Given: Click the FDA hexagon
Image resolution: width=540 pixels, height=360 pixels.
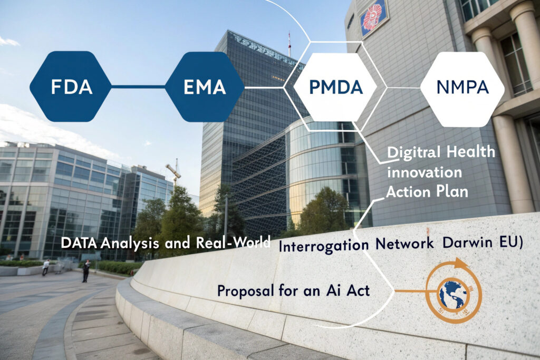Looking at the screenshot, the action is tap(71, 86).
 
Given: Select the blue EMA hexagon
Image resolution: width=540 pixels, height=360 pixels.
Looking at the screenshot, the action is tap(205, 87).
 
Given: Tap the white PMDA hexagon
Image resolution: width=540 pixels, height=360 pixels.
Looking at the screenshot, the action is tap(336, 87).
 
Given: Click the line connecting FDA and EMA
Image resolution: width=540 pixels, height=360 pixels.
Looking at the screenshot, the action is tap(139, 87).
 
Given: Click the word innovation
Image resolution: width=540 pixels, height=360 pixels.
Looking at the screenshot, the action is tap(425, 172).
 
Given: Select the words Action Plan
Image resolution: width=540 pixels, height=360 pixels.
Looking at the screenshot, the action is tap(427, 192).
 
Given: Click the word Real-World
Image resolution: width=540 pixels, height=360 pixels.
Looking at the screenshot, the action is tap(233, 242).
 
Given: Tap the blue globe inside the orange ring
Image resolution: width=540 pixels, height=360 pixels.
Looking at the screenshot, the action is tap(453, 294).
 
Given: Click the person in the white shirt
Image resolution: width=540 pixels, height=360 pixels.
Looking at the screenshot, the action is tap(45, 267).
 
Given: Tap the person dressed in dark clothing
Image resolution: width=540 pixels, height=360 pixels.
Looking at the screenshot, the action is tap(86, 271).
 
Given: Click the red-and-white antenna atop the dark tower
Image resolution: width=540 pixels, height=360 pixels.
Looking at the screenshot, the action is tap(290, 44).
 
